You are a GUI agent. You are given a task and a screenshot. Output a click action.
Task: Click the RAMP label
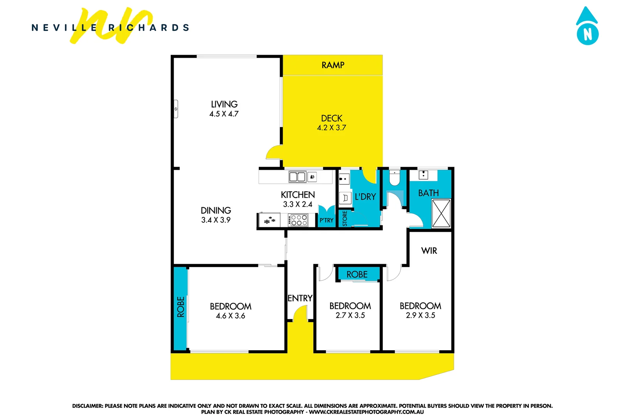(333, 65)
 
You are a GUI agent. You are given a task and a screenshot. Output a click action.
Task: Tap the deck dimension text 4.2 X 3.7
(331, 128)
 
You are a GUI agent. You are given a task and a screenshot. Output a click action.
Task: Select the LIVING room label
(224, 104)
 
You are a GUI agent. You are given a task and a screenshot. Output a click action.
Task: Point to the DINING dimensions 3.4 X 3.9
(216, 220)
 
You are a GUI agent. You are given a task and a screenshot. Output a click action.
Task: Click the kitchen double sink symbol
(297, 177)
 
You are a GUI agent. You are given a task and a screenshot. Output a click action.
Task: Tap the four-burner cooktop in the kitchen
(299, 220)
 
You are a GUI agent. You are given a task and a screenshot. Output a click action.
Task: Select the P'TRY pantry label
(326, 220)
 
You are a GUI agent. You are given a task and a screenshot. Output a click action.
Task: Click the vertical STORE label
(345, 218)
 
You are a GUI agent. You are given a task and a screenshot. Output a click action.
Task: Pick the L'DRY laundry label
(365, 197)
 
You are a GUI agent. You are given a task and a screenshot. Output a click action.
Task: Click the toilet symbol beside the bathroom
(394, 178)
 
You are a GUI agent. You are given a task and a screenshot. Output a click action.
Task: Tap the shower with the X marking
(441, 213)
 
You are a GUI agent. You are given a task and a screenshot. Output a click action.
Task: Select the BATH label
(428, 193)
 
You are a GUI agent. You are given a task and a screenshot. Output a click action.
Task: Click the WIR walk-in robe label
(429, 251)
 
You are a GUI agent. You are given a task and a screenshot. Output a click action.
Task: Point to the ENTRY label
(300, 298)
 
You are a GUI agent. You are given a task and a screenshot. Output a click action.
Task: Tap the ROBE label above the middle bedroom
(357, 274)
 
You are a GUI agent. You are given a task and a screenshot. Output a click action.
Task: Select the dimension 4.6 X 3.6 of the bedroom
(230, 316)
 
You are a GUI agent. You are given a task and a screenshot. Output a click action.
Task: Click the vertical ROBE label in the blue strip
(180, 307)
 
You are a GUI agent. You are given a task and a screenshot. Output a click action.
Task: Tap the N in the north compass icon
(587, 35)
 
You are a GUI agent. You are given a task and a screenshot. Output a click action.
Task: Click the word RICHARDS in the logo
(149, 28)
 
